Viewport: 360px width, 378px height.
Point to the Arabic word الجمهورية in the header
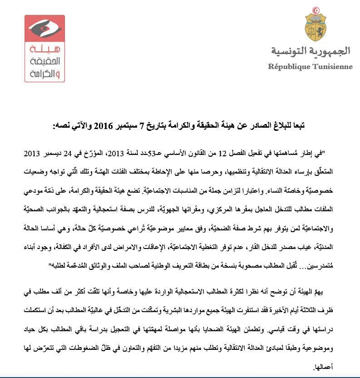(x=330, y=51)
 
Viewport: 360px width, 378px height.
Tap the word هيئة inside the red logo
(x=44, y=50)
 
